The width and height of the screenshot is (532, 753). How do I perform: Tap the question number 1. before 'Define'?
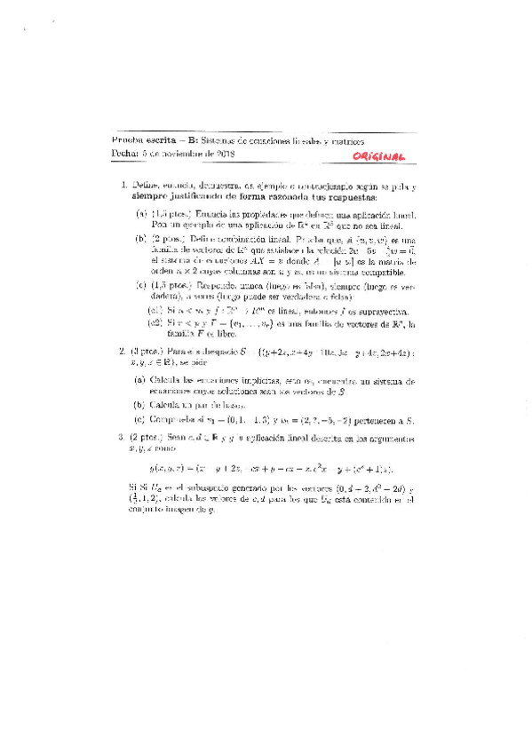(x=123, y=185)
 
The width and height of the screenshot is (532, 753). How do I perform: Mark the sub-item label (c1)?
(x=155, y=311)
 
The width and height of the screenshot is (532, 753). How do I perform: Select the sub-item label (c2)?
(x=155, y=324)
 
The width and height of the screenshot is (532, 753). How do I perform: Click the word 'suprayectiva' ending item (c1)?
(x=377, y=312)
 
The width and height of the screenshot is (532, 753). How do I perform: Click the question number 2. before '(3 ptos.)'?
(x=123, y=352)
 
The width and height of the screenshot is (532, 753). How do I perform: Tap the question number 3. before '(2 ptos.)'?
(x=123, y=438)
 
